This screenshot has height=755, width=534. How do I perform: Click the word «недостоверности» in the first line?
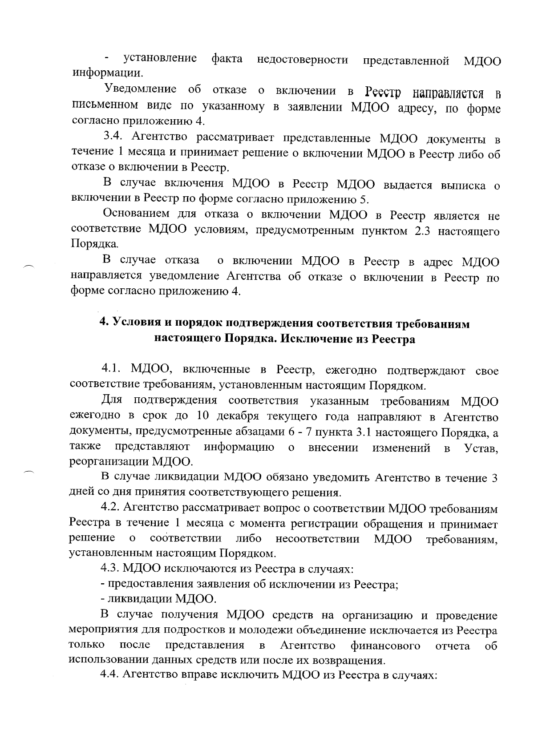(302, 60)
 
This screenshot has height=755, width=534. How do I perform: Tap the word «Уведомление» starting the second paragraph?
(140, 89)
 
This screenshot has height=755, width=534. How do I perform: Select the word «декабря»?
(239, 417)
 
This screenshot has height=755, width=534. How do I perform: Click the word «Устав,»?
(481, 448)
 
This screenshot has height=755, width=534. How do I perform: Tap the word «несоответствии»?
(317, 539)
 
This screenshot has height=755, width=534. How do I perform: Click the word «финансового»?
(385, 646)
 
